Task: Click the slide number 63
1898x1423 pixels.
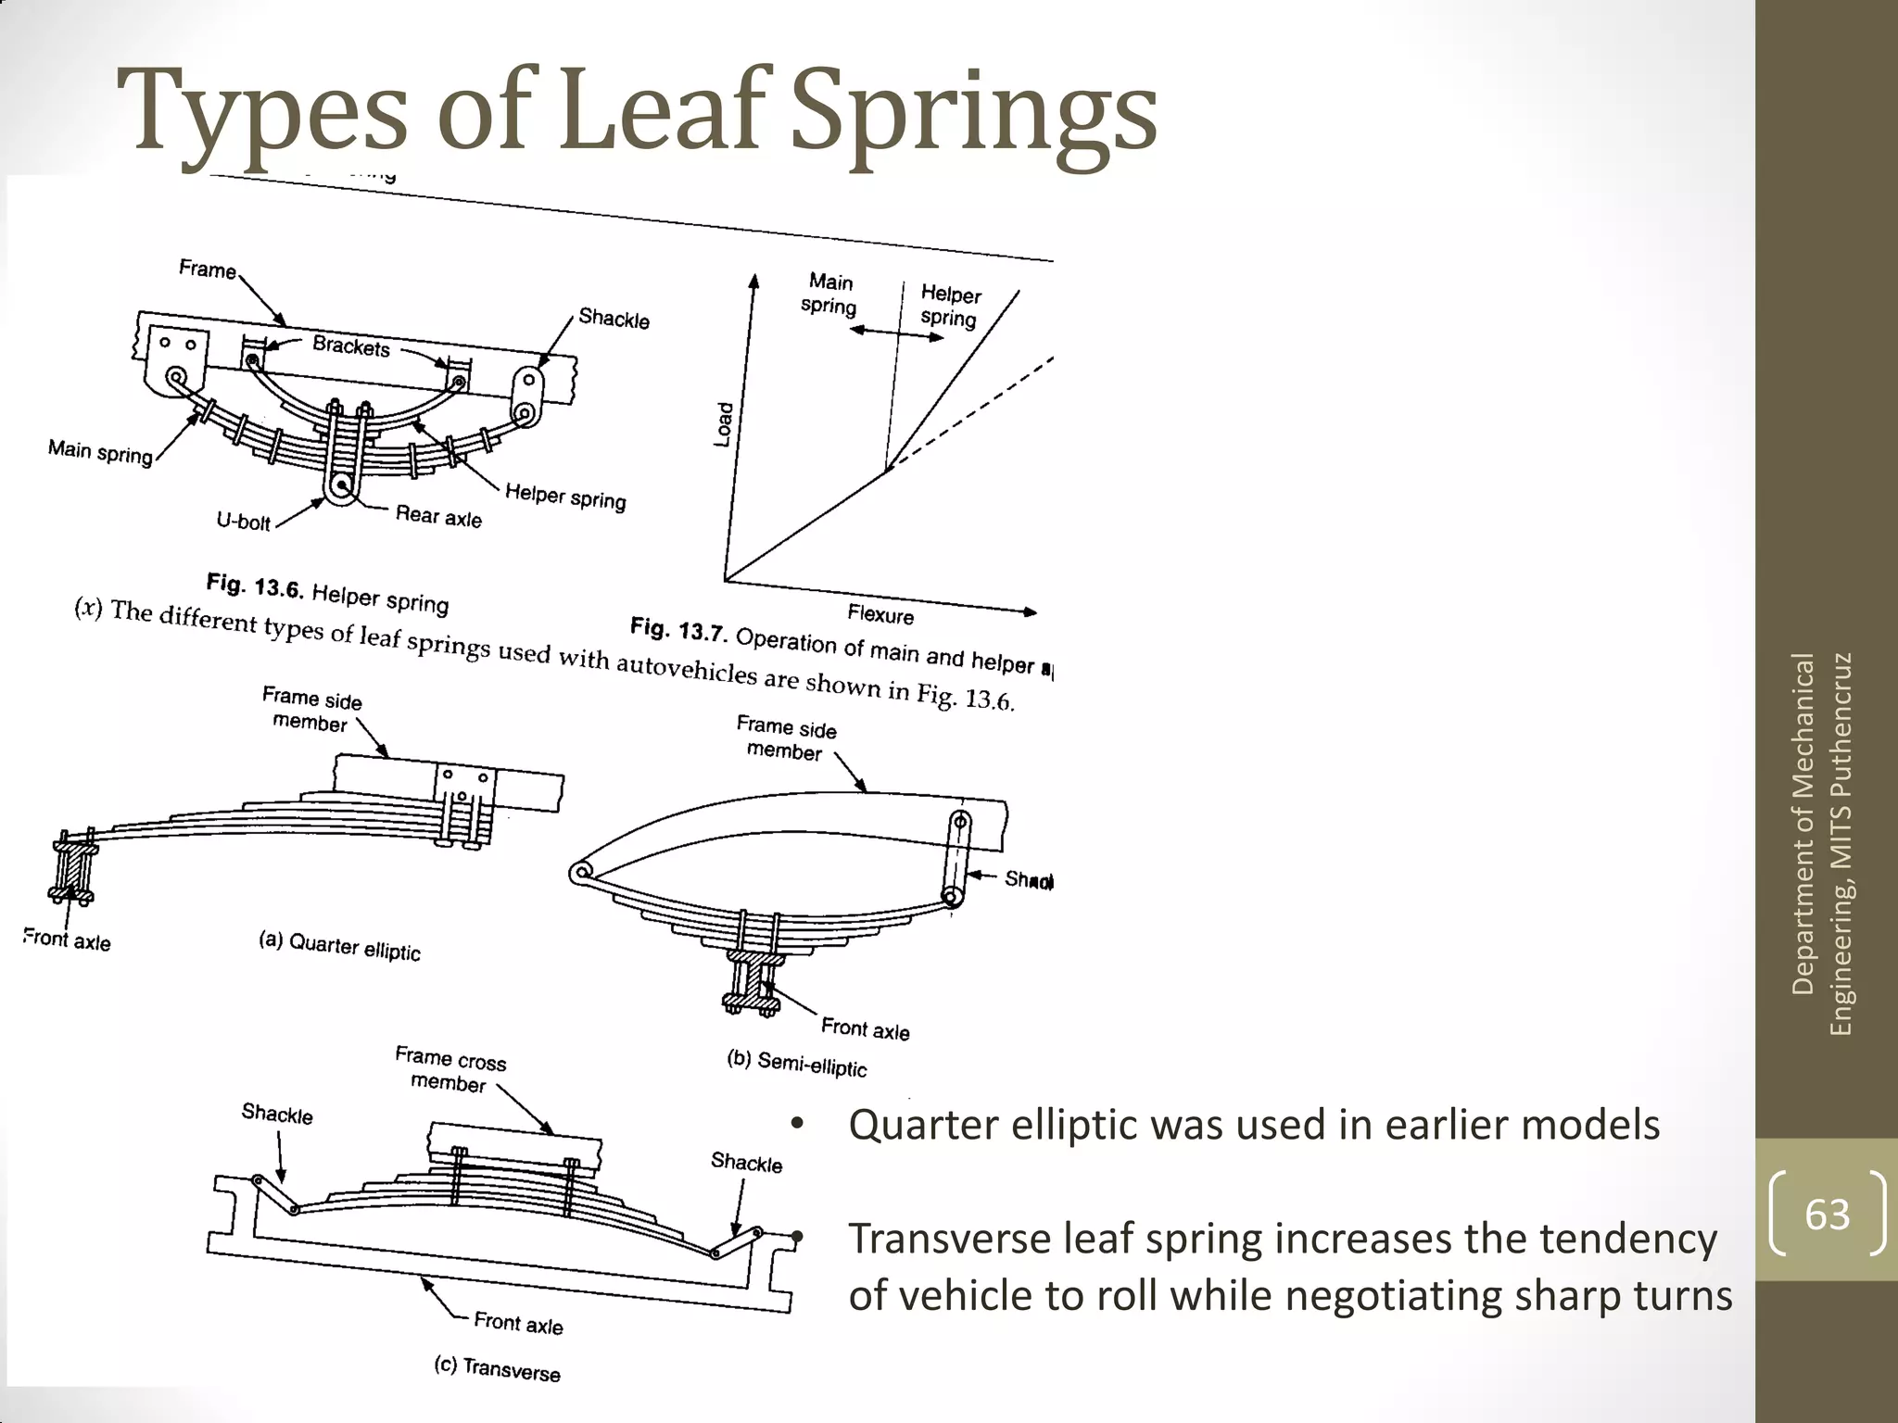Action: pos(1827,1214)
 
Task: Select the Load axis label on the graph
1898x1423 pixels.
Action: pos(724,424)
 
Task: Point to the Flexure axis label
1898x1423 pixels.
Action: pos(880,614)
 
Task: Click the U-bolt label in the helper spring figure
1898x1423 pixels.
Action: pos(243,522)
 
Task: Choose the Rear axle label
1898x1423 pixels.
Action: pos(438,516)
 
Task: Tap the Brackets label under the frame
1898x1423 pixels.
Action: pos(351,346)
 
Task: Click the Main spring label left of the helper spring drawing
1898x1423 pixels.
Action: pos(100,452)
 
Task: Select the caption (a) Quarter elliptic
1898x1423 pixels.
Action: pos(339,946)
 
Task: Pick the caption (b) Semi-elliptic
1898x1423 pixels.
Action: pos(797,1064)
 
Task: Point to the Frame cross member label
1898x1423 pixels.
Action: pos(450,1069)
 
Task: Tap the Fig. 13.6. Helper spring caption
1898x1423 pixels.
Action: pos(327,593)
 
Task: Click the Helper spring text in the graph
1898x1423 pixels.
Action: pos(950,306)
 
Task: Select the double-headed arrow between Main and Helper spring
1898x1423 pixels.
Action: pos(896,334)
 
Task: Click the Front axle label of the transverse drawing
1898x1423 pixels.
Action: pos(518,1323)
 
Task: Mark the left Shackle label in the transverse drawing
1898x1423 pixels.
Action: pos(277,1114)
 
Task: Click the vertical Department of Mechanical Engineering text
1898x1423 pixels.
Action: pos(1821,843)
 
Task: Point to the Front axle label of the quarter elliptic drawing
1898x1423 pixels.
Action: pos(67,940)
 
